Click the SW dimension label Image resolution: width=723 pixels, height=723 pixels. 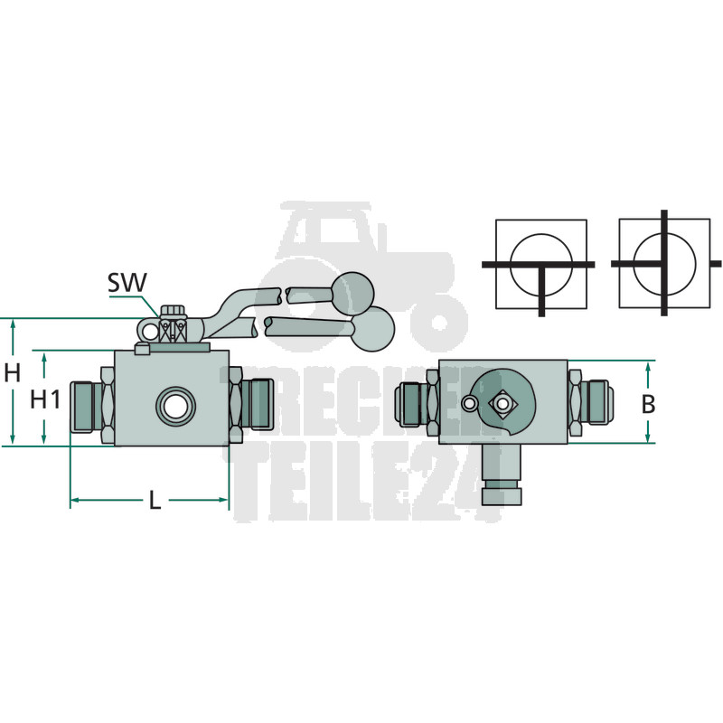pos(127,283)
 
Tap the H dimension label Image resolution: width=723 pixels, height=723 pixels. pos(12,372)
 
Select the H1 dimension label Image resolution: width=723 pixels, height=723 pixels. pos(45,399)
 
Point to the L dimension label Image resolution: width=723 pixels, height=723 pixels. pos(155,500)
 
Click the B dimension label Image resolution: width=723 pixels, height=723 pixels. pos(648,404)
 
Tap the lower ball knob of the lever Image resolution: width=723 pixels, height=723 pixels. pos(372,329)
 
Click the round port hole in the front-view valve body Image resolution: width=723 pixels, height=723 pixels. pos(175,406)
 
